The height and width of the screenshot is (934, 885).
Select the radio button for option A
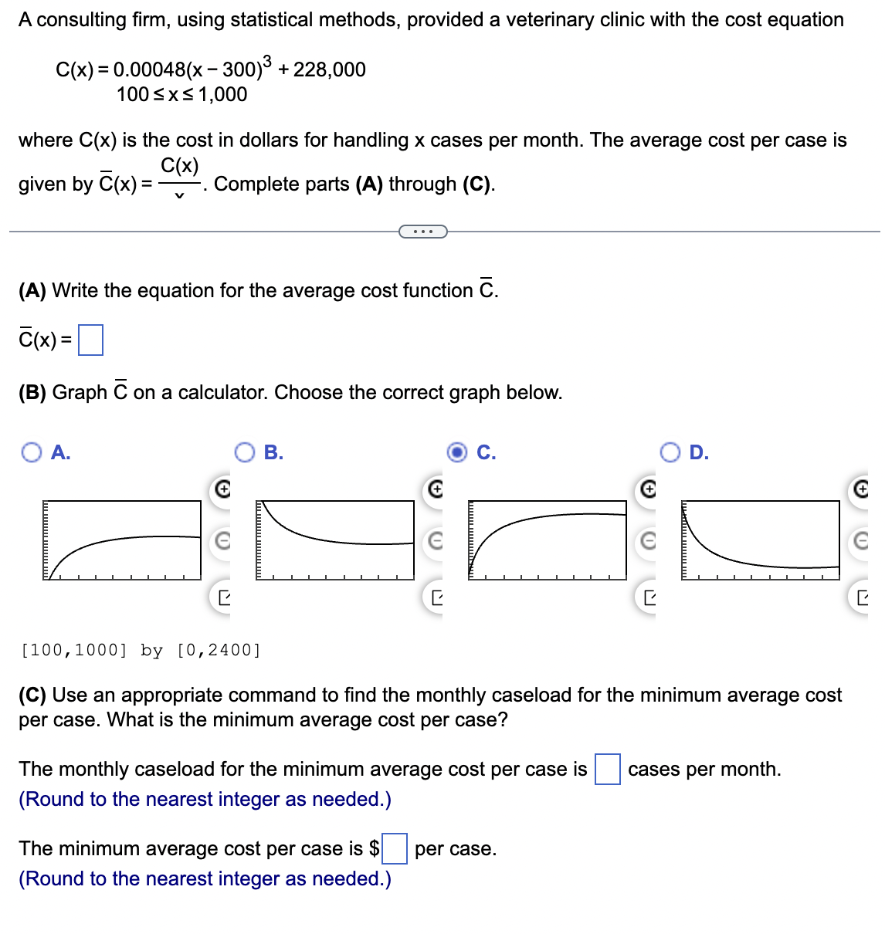click(x=32, y=452)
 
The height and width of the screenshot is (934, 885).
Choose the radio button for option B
click(x=245, y=452)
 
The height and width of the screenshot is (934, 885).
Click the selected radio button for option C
click(x=457, y=452)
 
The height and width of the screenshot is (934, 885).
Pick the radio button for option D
click(x=670, y=452)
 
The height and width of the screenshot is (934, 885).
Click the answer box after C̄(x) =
click(x=90, y=340)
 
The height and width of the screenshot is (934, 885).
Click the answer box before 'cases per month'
click(x=607, y=769)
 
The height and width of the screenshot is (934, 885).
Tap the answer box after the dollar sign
click(x=395, y=848)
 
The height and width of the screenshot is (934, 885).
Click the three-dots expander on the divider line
click(x=422, y=231)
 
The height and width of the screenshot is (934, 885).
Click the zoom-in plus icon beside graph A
click(x=222, y=489)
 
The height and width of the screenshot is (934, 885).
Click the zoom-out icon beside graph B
click(x=436, y=542)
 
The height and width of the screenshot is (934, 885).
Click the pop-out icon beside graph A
click(x=222, y=597)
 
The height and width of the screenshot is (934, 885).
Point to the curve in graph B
click(x=309, y=536)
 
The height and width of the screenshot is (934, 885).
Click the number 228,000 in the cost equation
click(x=329, y=69)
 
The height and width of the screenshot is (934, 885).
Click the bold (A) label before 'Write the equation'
click(x=32, y=290)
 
